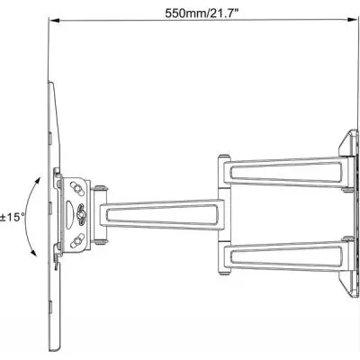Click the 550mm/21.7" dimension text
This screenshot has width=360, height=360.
click(200, 13)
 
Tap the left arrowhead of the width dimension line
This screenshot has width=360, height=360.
click(50, 26)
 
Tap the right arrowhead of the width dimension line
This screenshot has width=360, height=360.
click(350, 26)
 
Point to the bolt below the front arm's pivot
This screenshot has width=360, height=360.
click(104, 239)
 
